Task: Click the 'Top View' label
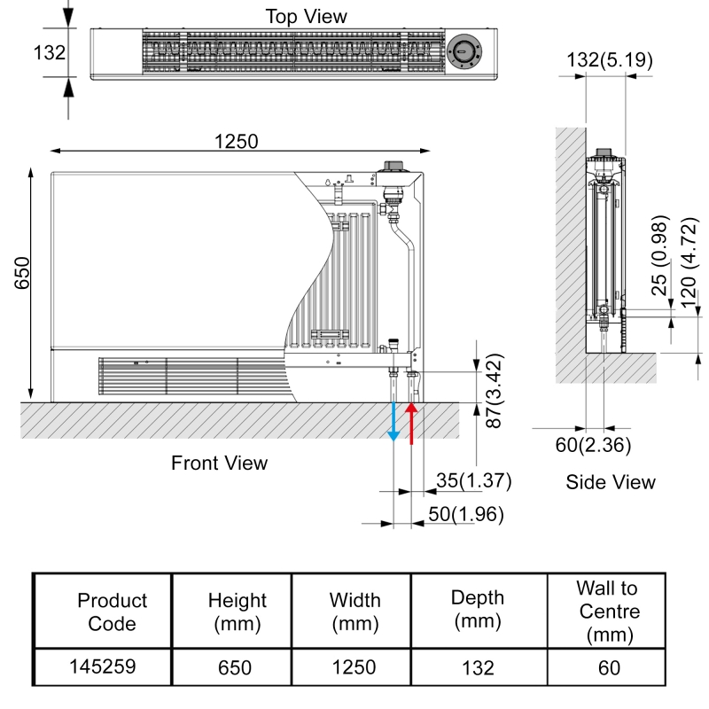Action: [x=307, y=16]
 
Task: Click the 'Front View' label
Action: [x=219, y=463]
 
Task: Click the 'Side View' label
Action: [x=611, y=482]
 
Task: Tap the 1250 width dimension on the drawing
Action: [x=236, y=140]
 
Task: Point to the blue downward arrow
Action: [x=394, y=423]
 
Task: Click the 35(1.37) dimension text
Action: [x=474, y=480]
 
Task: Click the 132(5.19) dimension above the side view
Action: [x=611, y=60]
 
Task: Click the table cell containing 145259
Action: [x=102, y=667]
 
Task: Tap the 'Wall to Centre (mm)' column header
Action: [x=608, y=612]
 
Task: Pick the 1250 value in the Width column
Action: [x=352, y=667]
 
